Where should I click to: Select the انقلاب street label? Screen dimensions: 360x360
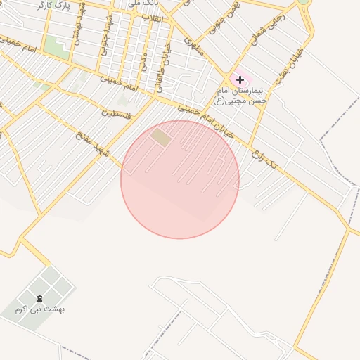[x=153, y=18]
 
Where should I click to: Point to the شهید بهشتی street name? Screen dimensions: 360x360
[x=79, y=28]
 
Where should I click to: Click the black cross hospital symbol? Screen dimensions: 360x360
[x=240, y=80]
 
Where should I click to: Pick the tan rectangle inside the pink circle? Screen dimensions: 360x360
[x=161, y=137]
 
